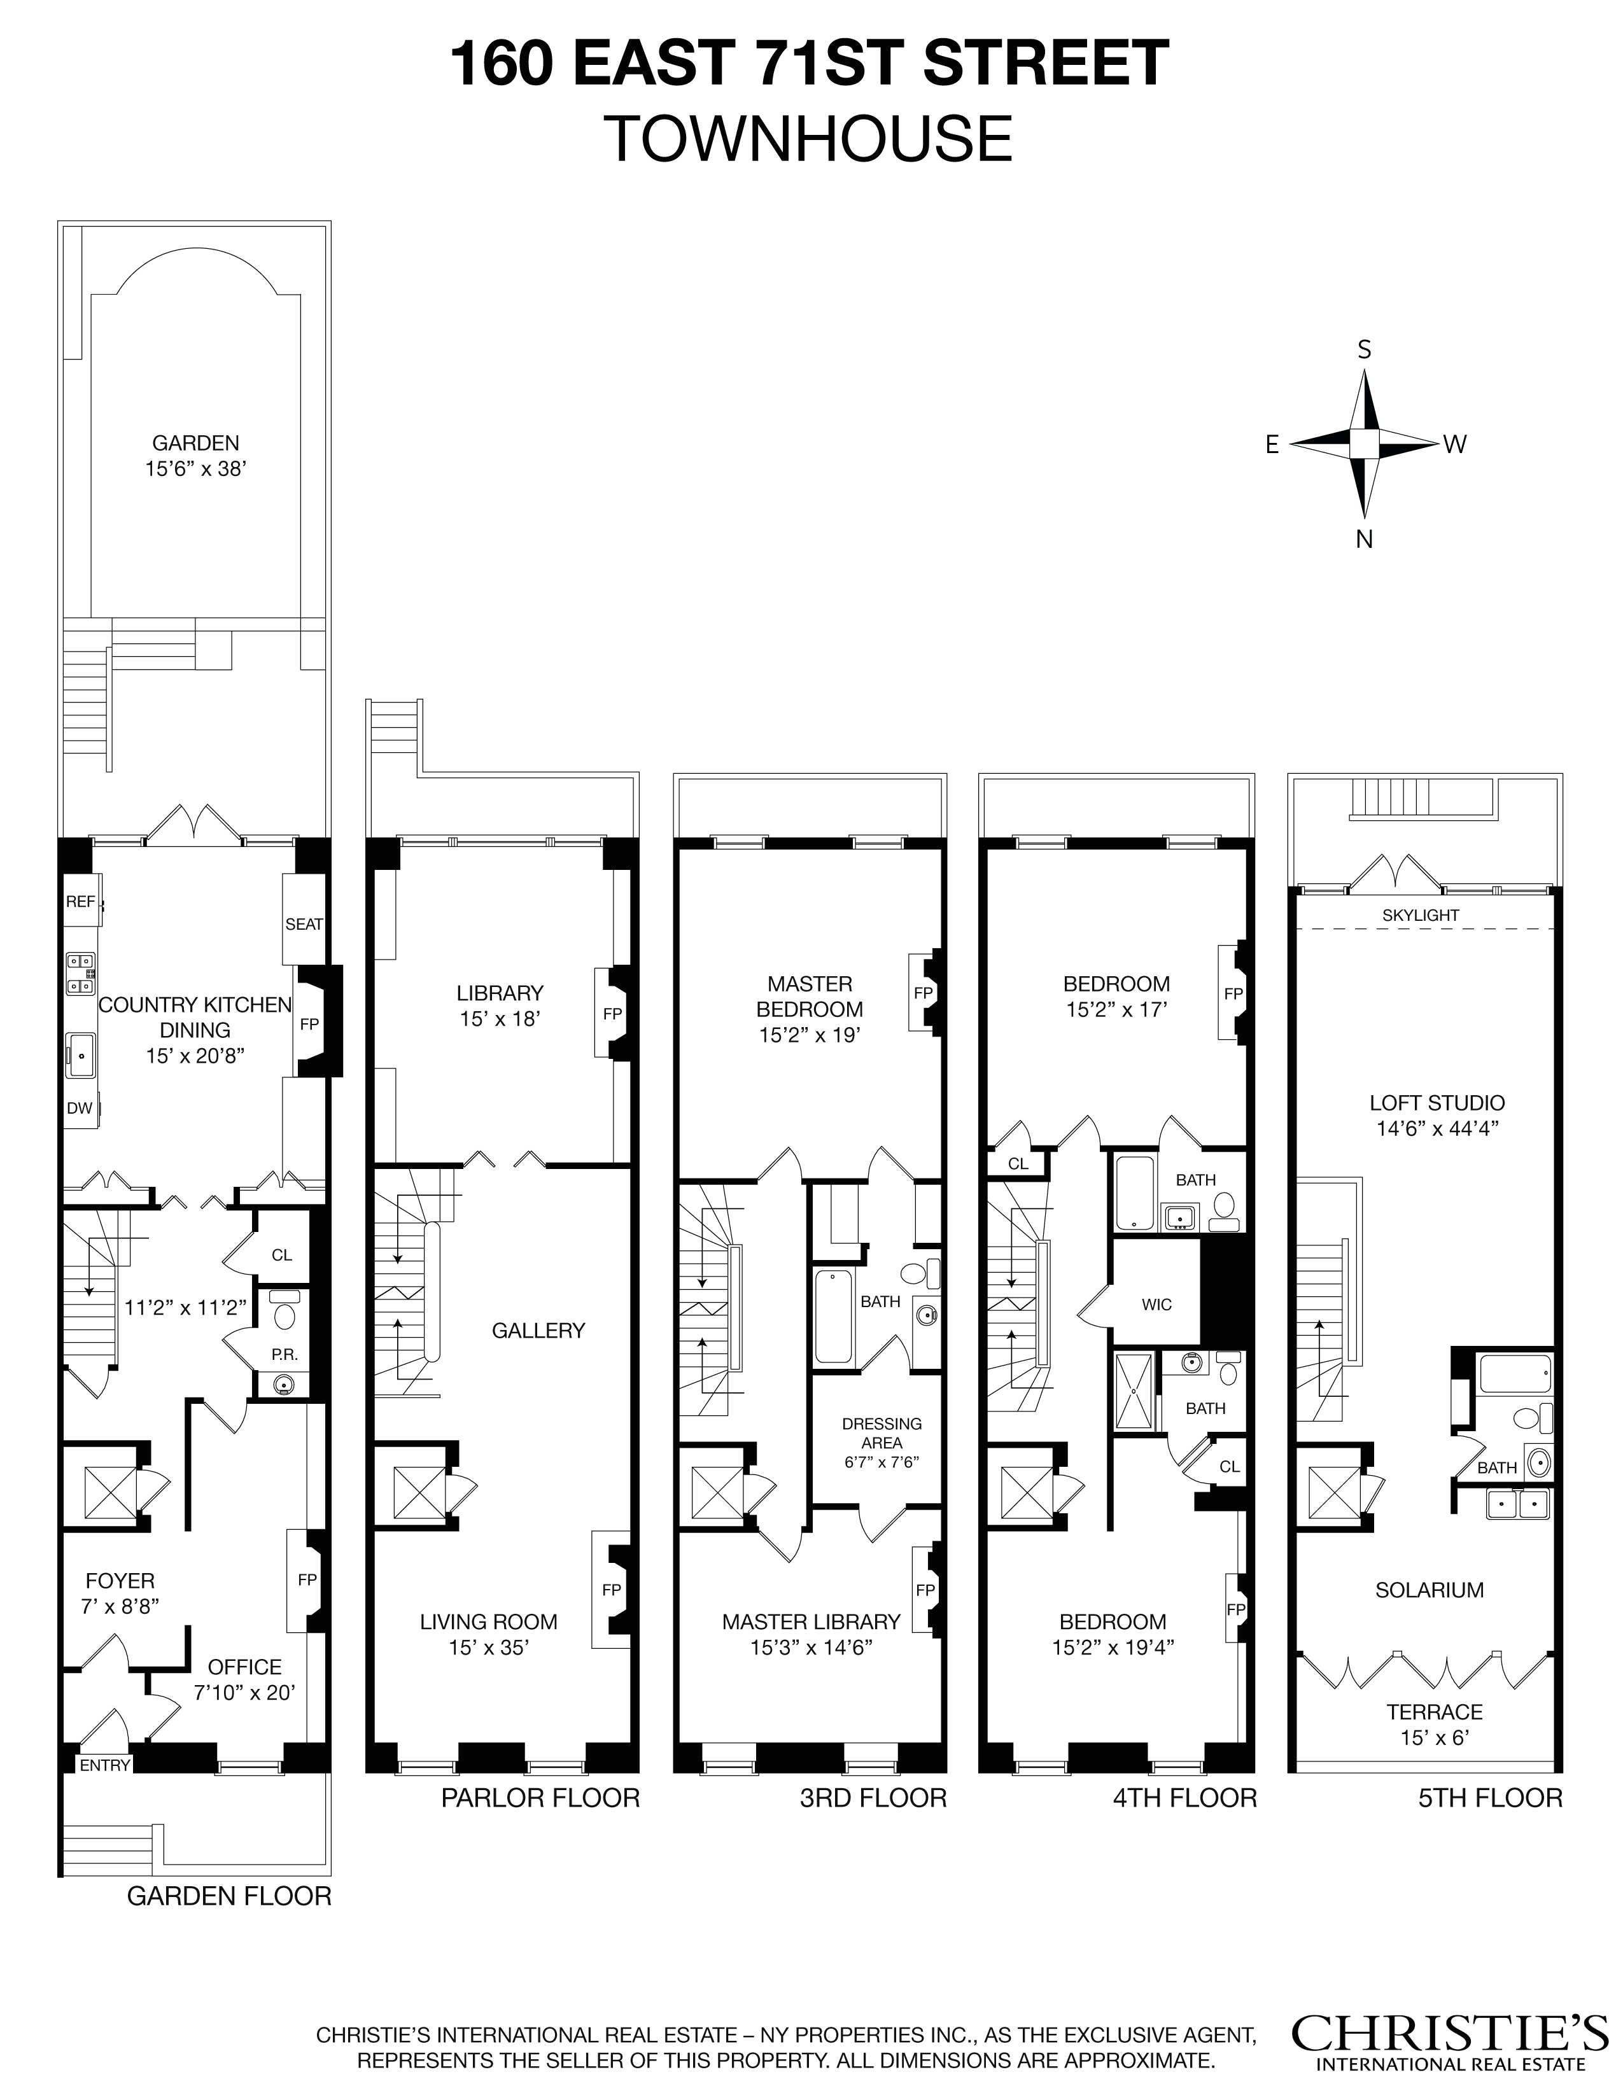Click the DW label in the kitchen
click(80, 1108)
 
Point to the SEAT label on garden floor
click(304, 924)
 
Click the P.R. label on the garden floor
click(284, 1354)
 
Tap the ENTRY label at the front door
click(105, 1765)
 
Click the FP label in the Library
click(612, 1014)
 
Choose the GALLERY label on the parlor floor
click(538, 1331)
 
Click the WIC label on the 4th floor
click(1156, 1305)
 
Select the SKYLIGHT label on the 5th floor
click(1420, 915)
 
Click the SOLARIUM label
click(1429, 1590)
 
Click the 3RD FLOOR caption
click(873, 1798)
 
